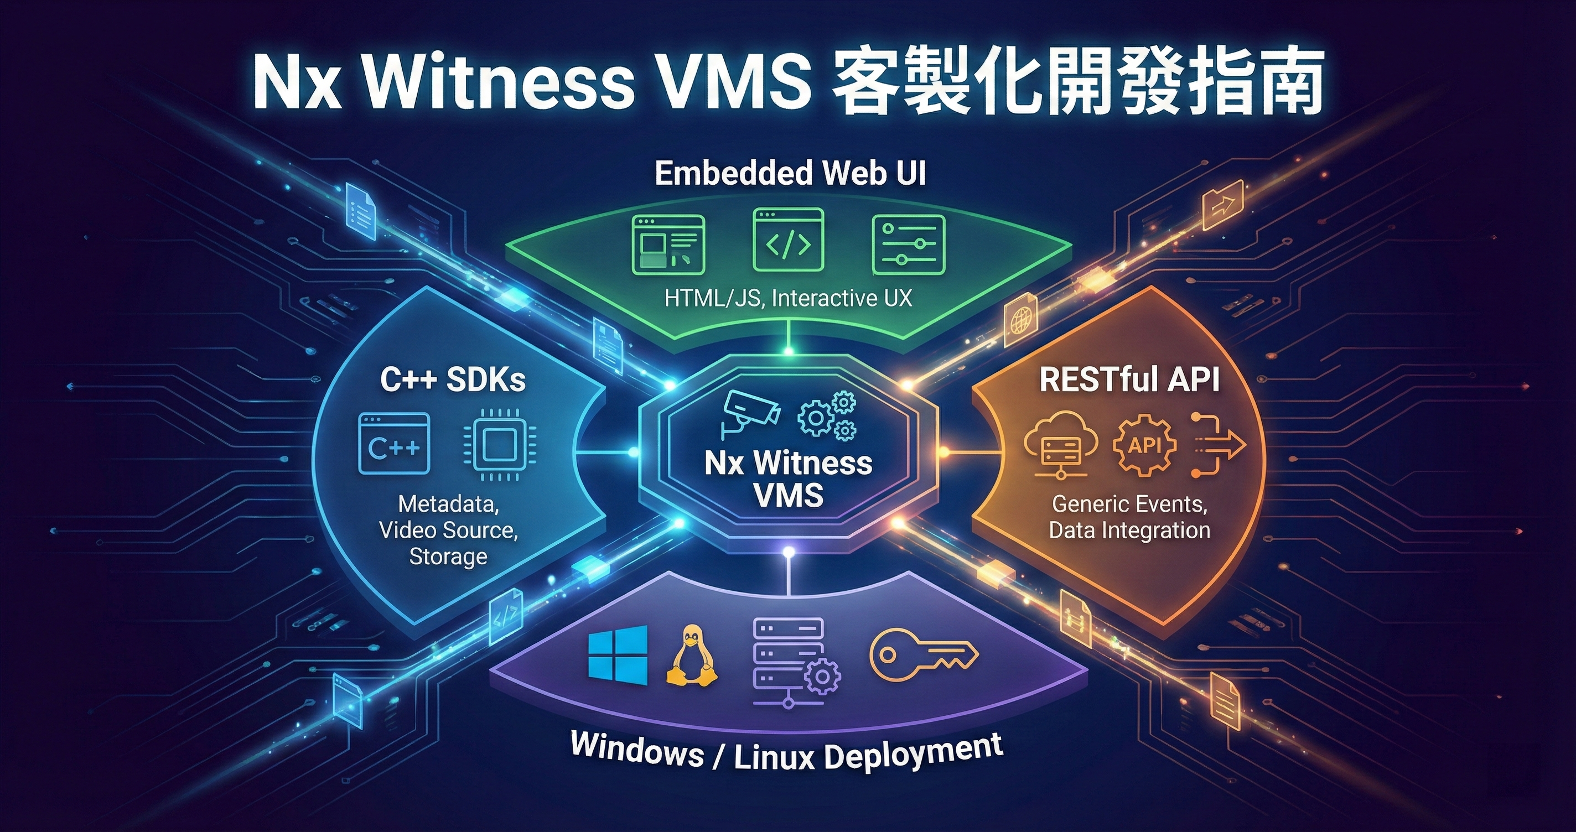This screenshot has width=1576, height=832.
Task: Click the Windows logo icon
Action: pyautogui.click(x=618, y=655)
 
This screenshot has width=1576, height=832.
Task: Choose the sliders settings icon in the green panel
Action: pyautogui.click(x=908, y=244)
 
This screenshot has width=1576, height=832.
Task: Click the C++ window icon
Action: pyautogui.click(x=395, y=444)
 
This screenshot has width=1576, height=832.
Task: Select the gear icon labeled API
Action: pyautogui.click(x=1144, y=445)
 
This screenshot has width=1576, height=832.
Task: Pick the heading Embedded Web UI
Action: pyautogui.click(x=790, y=173)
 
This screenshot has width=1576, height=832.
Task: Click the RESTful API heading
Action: pyautogui.click(x=1129, y=380)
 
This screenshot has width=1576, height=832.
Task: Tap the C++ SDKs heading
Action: pyautogui.click(x=453, y=380)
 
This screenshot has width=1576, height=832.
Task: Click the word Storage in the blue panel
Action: pyautogui.click(x=448, y=557)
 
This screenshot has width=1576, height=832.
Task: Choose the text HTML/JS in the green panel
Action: pyautogui.click(x=713, y=299)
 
